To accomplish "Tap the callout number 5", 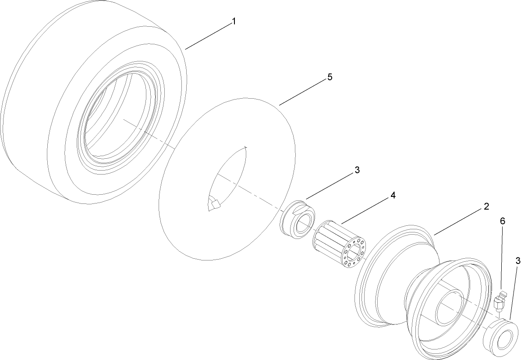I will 330,77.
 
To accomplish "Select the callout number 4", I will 393,196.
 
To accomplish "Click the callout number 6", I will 503,221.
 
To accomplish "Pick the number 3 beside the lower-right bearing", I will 518,261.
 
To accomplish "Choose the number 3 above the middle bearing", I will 357,170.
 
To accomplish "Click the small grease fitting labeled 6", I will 500,301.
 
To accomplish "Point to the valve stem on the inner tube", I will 215,204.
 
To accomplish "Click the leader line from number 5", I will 302,93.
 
